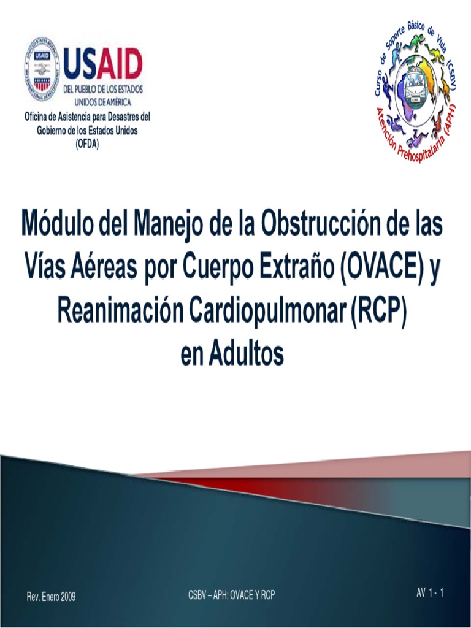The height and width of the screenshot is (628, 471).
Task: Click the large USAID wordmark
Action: click(102, 64)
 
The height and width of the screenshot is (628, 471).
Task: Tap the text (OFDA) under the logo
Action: click(86, 145)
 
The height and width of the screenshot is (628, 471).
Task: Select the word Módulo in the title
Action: click(67, 224)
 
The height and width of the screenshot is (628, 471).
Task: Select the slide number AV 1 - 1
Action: click(430, 592)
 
